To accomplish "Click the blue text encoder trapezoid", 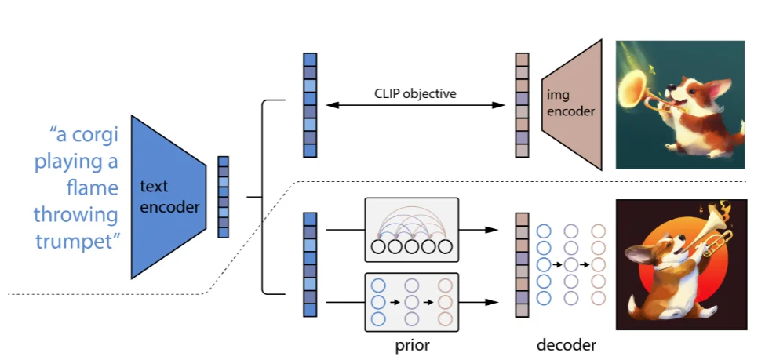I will [169, 197].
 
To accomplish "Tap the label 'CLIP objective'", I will [415, 94].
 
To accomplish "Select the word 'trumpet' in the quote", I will [77, 241].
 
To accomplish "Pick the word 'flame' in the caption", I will [94, 188].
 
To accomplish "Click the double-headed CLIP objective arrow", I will [415, 105].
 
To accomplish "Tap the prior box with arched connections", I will [412, 230].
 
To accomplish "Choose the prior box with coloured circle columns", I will [412, 301].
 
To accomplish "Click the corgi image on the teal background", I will [679, 105].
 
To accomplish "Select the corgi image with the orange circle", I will [679, 264].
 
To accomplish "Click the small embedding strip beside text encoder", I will [224, 197].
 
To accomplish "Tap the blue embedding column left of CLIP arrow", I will [310, 105].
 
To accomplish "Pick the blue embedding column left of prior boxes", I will [310, 264].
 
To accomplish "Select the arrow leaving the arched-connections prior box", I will [479, 230].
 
